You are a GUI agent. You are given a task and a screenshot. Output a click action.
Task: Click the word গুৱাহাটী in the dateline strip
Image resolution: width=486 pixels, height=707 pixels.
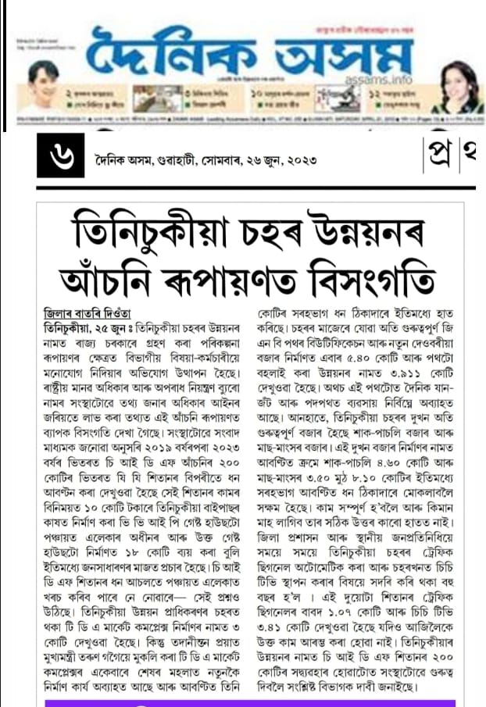[177, 159]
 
